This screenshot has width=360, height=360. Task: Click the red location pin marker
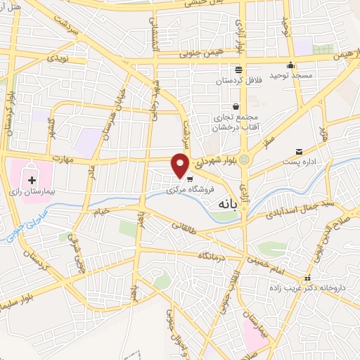point(181,165)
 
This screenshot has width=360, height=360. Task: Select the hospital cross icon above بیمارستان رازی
point(32,181)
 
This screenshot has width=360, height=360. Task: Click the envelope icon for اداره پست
point(300,152)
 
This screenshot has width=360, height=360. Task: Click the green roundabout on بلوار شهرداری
point(244,160)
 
